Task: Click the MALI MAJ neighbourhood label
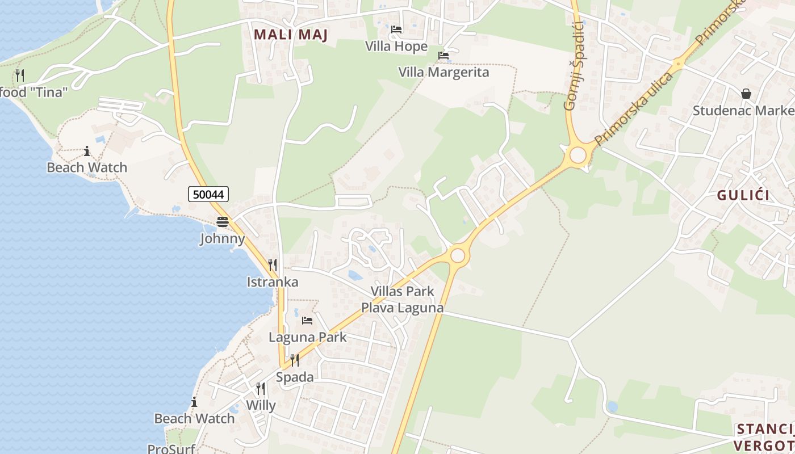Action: [291, 35]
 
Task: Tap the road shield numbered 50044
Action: [208, 194]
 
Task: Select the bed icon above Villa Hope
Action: [396, 30]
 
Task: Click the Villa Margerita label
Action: [443, 72]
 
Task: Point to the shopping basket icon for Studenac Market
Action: [746, 94]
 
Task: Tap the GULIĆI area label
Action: [743, 195]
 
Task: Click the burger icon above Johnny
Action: [222, 221]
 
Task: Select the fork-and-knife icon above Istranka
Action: [273, 264]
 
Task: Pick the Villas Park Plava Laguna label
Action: [402, 300]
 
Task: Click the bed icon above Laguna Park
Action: [307, 321]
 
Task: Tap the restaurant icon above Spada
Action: [294, 360]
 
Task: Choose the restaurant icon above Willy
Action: [261, 388]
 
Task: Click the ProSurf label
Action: [171, 449]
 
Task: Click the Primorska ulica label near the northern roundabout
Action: [633, 109]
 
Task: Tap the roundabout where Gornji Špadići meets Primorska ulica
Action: [578, 155]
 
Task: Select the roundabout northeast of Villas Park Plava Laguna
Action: [457, 255]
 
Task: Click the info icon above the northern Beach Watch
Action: [87, 151]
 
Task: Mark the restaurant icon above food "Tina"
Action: [20, 75]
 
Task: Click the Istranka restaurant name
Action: [273, 282]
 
